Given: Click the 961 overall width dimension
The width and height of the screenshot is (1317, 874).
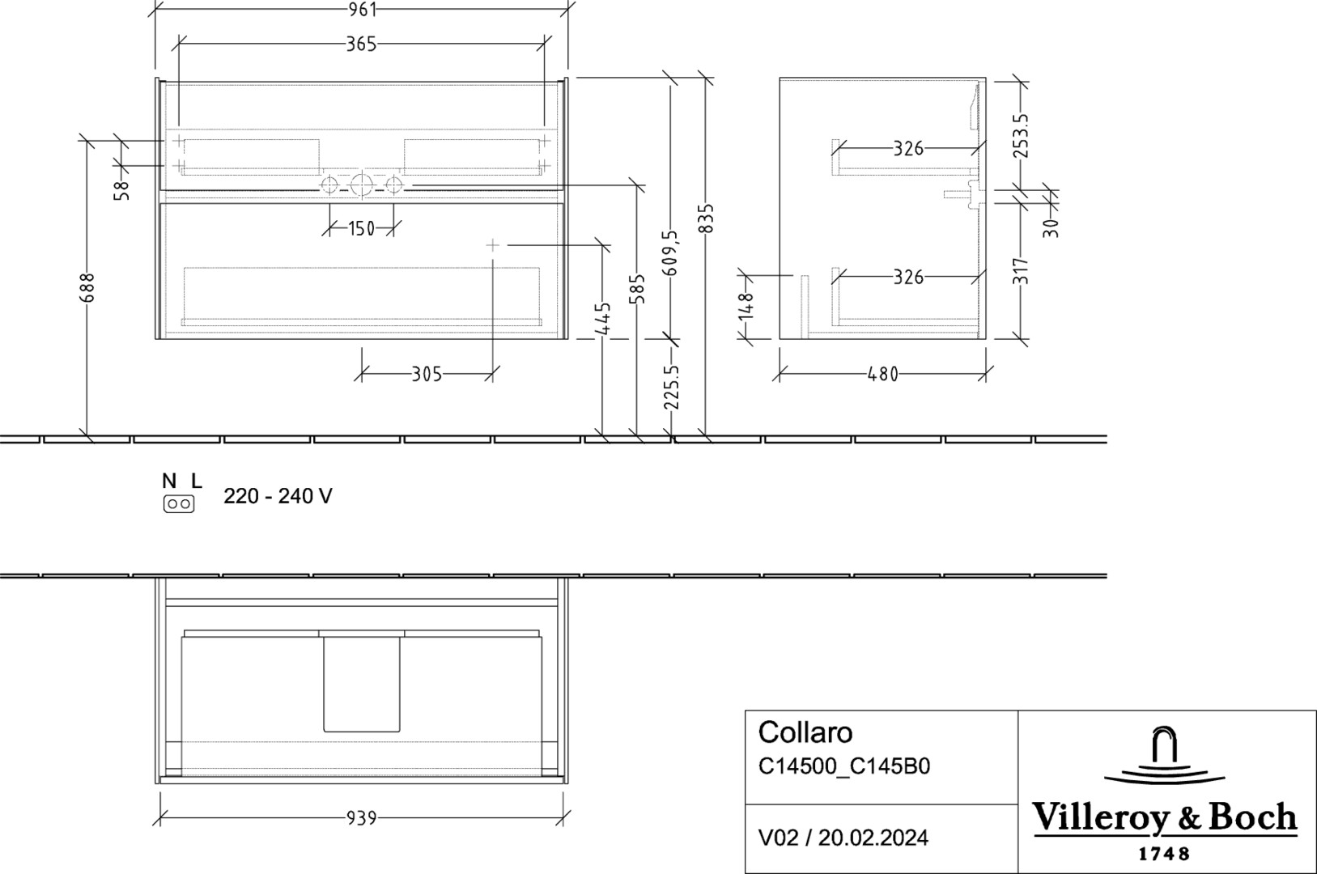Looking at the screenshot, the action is tap(362, 10).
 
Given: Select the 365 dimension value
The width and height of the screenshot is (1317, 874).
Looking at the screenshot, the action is tap(361, 44).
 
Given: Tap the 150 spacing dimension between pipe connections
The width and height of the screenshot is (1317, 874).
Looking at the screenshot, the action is tap(361, 228).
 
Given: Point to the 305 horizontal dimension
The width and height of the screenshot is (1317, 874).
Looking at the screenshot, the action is tap(427, 374).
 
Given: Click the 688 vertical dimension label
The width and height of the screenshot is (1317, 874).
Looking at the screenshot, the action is tap(87, 287).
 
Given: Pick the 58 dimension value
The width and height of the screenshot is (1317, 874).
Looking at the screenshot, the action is tap(121, 190).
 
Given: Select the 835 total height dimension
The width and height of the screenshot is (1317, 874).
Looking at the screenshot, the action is tap(706, 218).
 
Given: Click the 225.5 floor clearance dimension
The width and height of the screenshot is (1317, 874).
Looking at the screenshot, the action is tap(671, 387).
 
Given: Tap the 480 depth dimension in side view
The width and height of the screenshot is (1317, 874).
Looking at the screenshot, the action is tap(882, 374).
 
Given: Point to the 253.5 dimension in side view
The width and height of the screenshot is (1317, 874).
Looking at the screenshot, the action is tap(1021, 136).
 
